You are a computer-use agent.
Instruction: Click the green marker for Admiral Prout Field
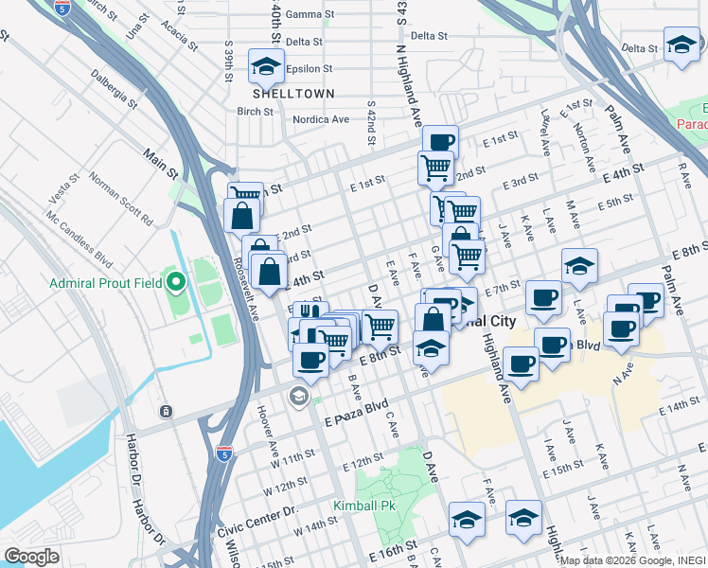pos(175,281)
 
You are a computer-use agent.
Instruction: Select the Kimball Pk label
pos(363,506)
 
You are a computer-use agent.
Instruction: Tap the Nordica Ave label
pos(321,120)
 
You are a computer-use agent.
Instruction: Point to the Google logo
pos(31,557)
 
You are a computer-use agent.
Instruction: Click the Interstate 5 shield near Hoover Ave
pos(224,453)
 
